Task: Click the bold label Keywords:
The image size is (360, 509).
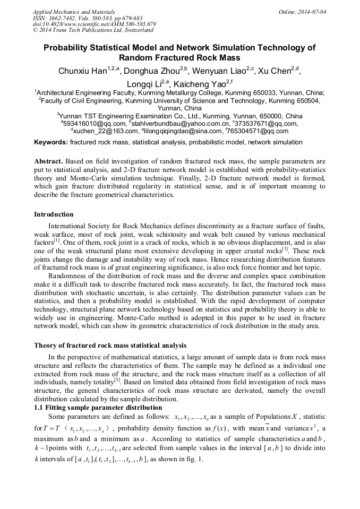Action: tap(51, 142)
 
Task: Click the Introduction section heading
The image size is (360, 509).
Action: tap(54, 214)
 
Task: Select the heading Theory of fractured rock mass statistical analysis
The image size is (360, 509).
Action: tap(110, 346)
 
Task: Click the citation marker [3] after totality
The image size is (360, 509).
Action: tap(117, 380)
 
